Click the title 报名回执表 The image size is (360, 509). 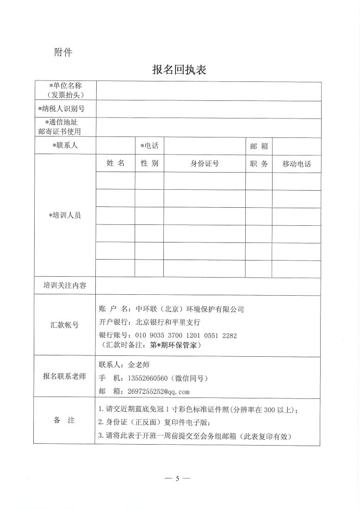click(x=179, y=70)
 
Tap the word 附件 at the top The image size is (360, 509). click(x=63, y=52)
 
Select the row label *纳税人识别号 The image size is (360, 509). click(x=65, y=109)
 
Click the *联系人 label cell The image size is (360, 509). click(x=65, y=146)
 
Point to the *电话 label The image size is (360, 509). click(x=149, y=146)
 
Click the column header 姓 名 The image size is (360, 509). click(x=115, y=163)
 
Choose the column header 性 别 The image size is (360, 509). click(x=149, y=163)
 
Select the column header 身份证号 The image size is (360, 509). click(x=204, y=163)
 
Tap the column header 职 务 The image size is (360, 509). click(x=259, y=163)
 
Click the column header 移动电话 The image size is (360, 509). click(x=297, y=164)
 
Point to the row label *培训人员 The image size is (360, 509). click(x=65, y=215)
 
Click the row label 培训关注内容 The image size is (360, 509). click(x=65, y=286)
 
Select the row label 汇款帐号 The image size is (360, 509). click(x=65, y=325)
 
